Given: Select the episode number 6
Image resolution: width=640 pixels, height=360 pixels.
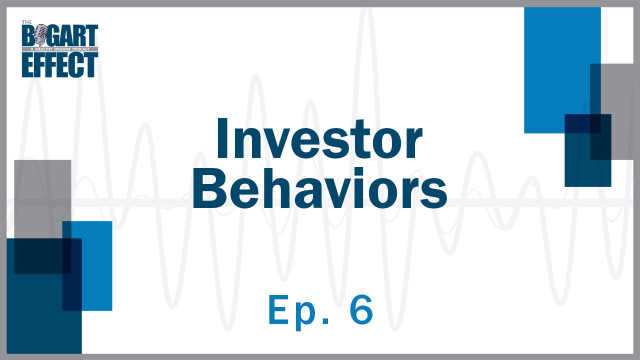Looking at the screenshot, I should pos(359,310).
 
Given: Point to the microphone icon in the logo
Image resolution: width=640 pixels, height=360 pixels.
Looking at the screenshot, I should pos(40,37).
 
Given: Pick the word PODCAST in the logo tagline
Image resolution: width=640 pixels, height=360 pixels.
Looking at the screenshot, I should pos(84,49).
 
